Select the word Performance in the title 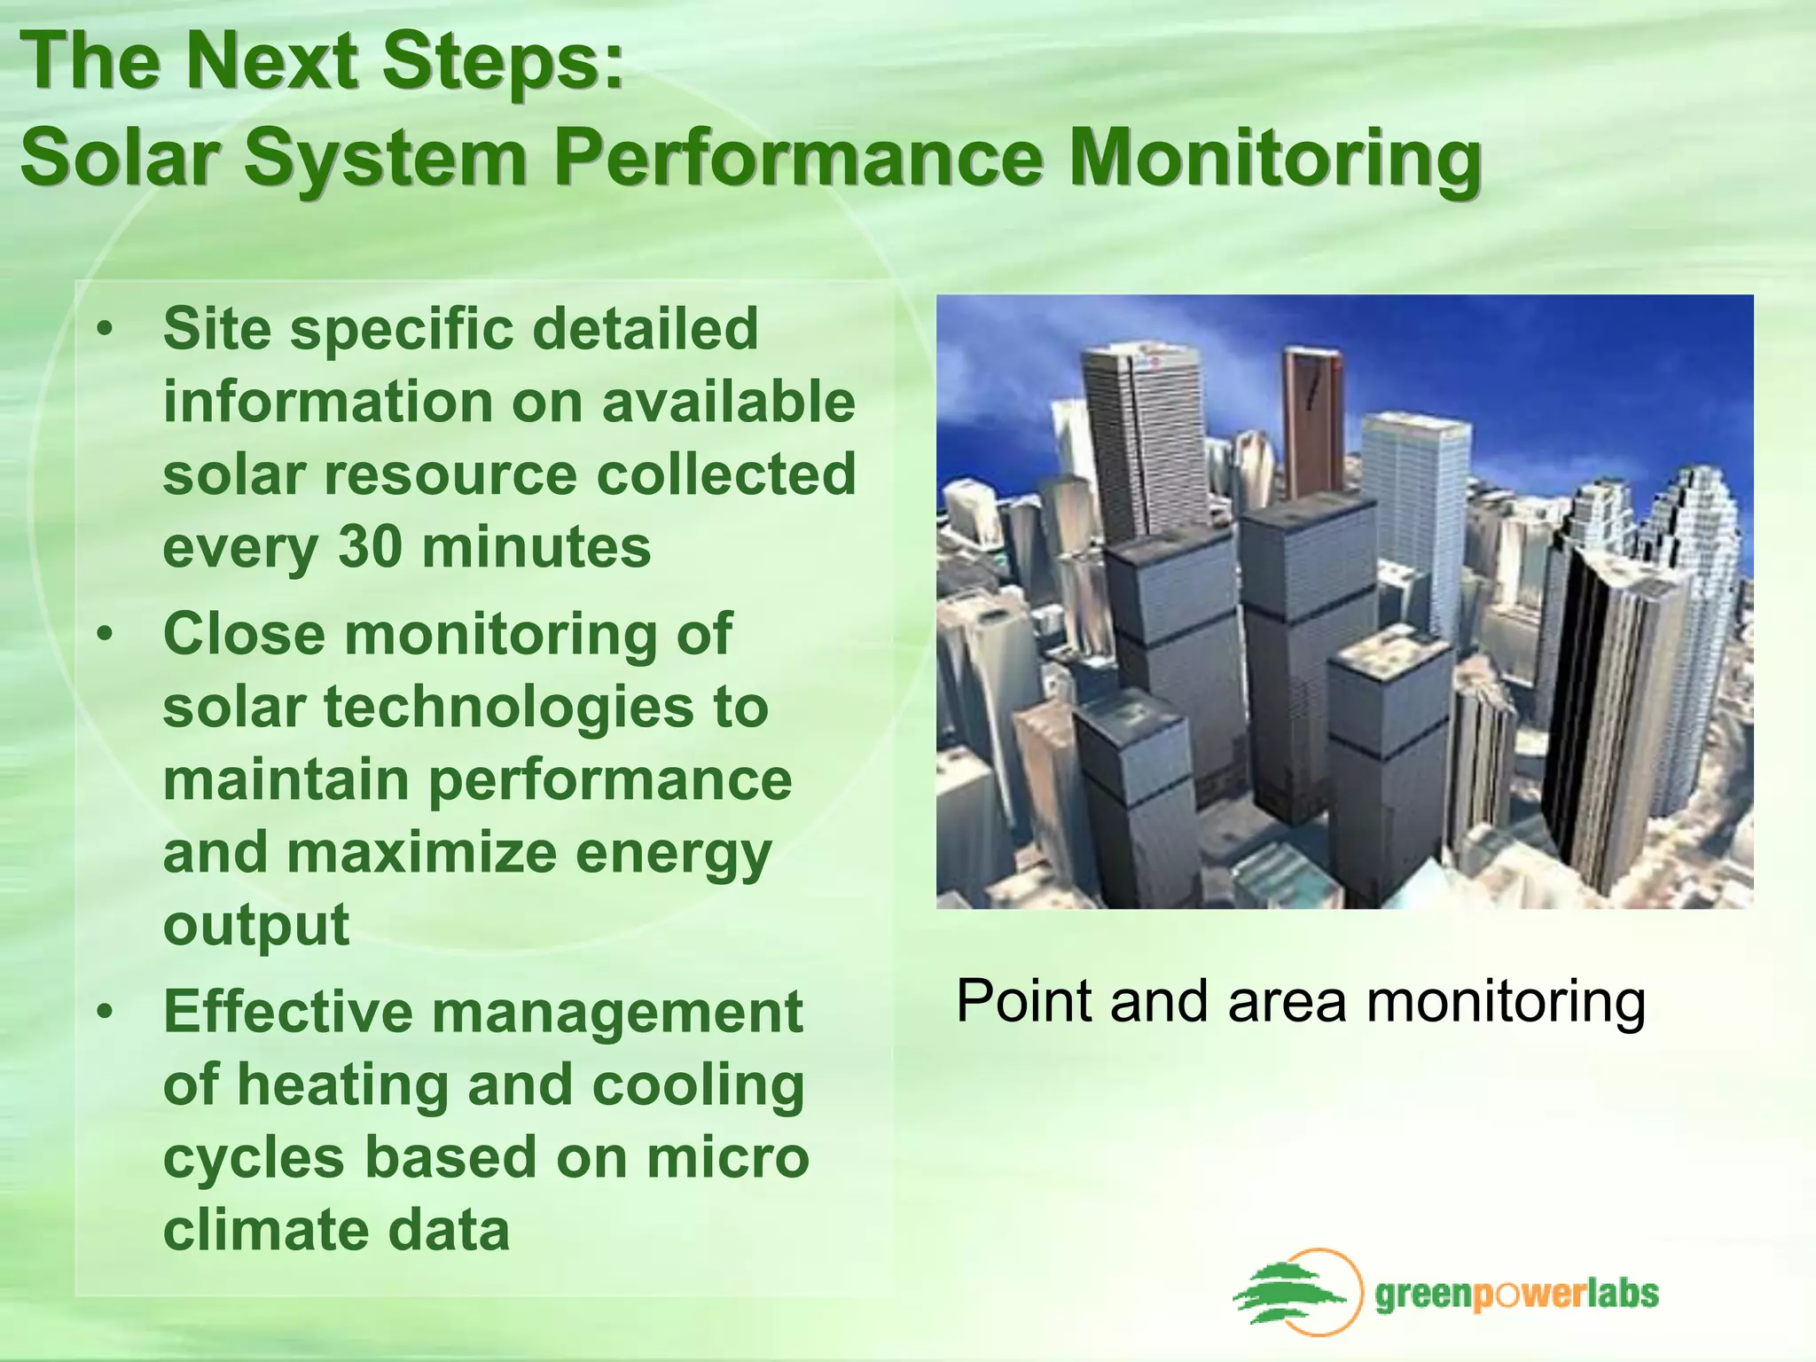coord(798,158)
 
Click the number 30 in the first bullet coord(371,547)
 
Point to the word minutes coord(536,547)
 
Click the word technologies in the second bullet coord(508,708)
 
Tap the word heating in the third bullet coord(345,1085)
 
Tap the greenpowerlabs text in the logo coord(1516,1295)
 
